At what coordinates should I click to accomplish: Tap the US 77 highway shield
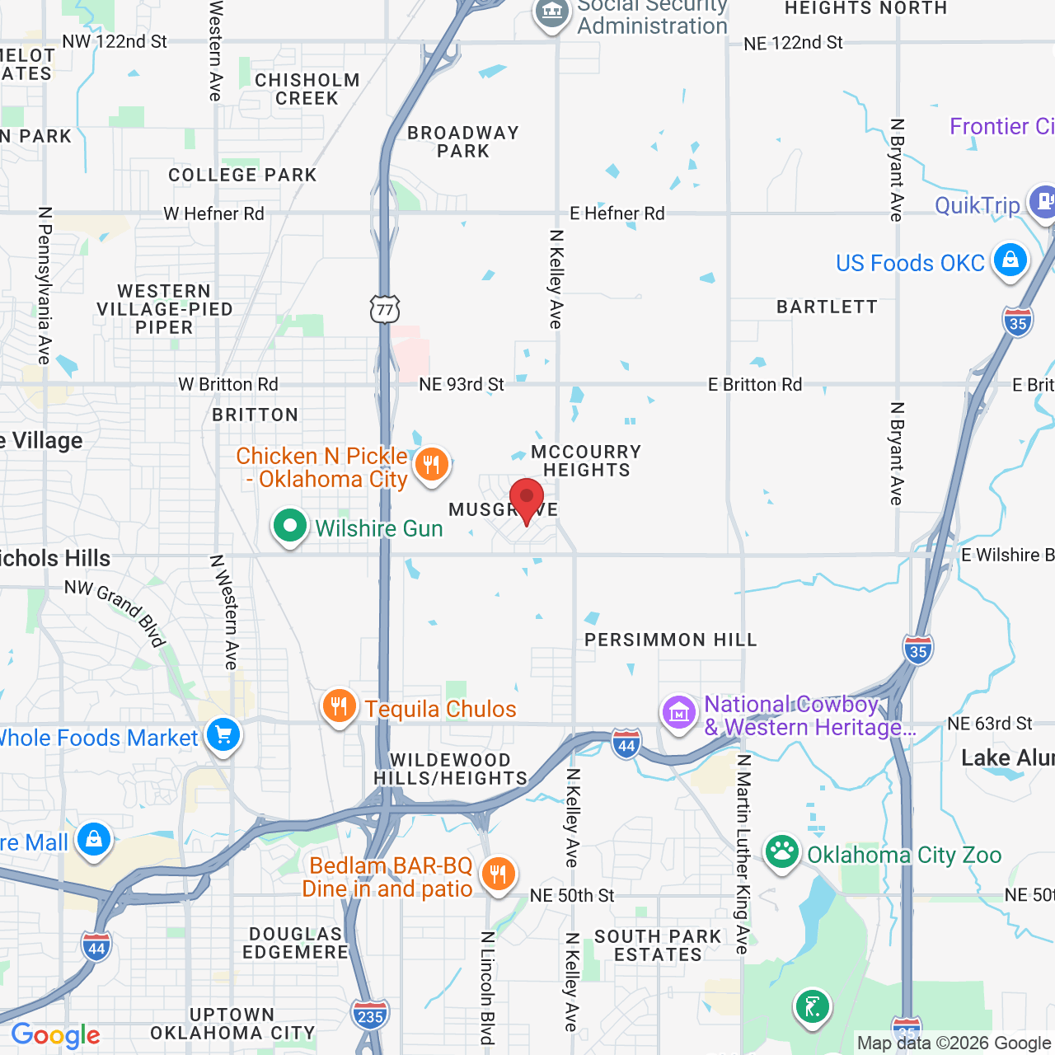click(x=385, y=309)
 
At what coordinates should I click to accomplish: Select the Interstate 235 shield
click(x=370, y=1015)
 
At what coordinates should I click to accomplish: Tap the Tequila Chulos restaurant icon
click(x=339, y=706)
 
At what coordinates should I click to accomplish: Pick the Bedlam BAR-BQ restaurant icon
click(x=498, y=874)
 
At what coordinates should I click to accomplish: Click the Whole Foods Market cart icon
click(x=223, y=734)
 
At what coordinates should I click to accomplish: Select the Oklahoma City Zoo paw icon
click(x=781, y=852)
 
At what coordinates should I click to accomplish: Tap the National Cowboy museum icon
click(x=679, y=713)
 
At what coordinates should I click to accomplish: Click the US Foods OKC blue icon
click(x=1010, y=261)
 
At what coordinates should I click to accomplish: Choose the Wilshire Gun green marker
click(x=289, y=526)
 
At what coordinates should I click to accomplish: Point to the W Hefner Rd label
click(x=213, y=214)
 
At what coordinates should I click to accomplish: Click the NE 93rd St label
click(x=462, y=384)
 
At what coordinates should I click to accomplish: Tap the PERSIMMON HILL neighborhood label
click(x=670, y=640)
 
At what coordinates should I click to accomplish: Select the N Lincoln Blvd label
click(x=488, y=987)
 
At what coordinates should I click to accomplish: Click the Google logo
click(x=56, y=1035)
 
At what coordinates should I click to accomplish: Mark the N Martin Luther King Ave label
click(x=743, y=854)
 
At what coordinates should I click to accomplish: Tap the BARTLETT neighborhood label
click(x=827, y=307)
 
